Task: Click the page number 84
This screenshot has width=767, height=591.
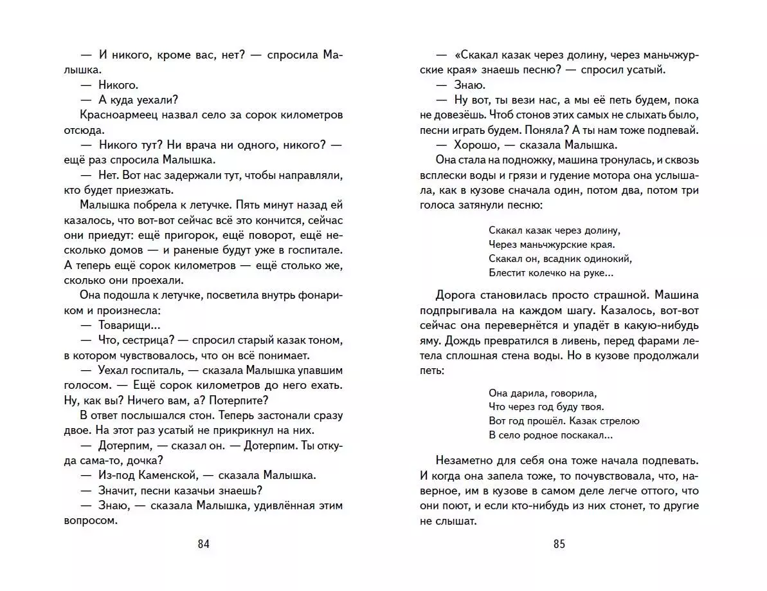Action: pos(204,544)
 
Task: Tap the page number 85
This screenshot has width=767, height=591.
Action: pos(559,544)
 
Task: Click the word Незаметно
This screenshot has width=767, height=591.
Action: pos(469,460)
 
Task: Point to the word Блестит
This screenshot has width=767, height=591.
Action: pos(507,273)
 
